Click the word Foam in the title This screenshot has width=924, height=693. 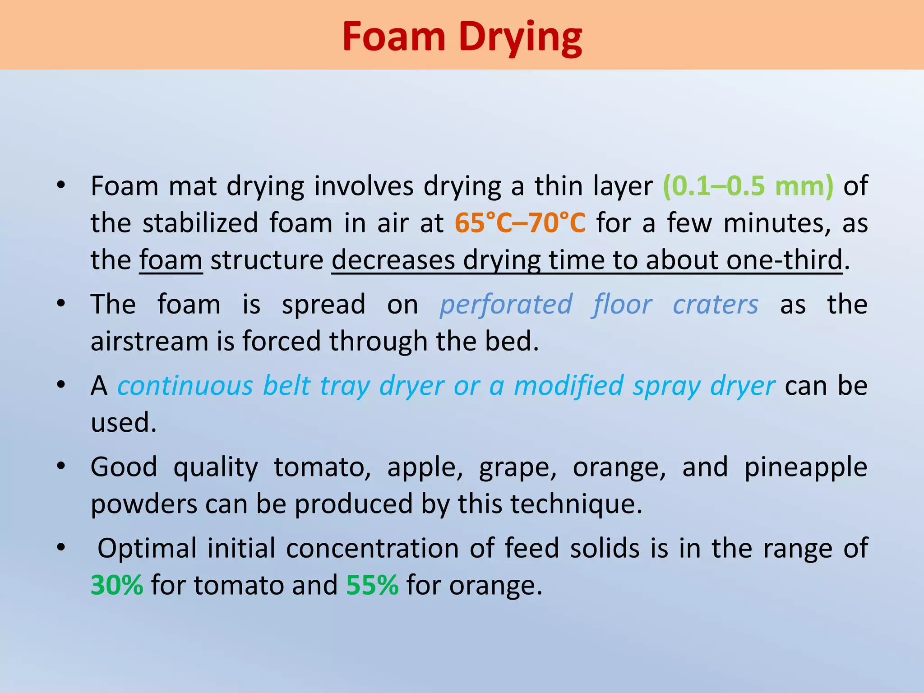click(x=393, y=37)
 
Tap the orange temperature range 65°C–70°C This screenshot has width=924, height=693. click(x=520, y=223)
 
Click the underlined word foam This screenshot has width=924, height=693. click(x=171, y=260)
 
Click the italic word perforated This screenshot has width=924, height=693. click(x=506, y=305)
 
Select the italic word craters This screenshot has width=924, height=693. click(x=716, y=305)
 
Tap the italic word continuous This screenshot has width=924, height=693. click(x=185, y=386)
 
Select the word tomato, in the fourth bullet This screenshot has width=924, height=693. click(x=322, y=467)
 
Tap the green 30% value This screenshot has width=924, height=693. click(x=117, y=585)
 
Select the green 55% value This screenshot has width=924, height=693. click(x=372, y=585)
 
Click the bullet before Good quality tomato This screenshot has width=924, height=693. click(x=61, y=466)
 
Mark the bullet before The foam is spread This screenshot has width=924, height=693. click(x=61, y=303)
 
